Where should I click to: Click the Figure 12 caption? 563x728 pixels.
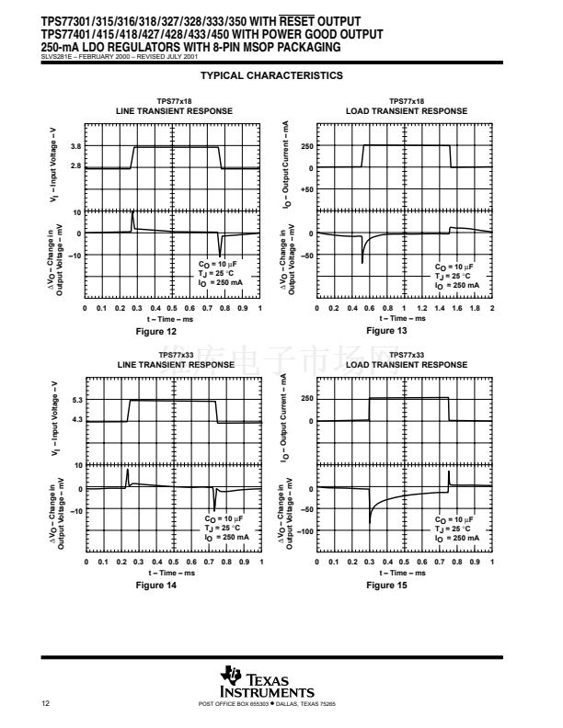[x=155, y=330]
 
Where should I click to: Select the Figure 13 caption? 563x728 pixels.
[x=386, y=330]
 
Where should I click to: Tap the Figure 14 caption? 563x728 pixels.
[x=155, y=585]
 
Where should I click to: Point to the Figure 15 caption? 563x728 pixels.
[x=386, y=585]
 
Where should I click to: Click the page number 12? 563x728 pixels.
[x=45, y=704]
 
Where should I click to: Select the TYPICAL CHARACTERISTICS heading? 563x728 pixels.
[x=271, y=75]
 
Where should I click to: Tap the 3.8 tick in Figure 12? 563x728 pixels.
[x=76, y=146]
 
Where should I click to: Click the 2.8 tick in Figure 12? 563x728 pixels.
[x=76, y=166]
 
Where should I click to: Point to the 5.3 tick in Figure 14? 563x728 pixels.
[x=76, y=401]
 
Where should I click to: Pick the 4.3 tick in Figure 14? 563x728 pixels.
[x=76, y=420]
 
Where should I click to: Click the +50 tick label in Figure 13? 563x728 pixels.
[x=306, y=188]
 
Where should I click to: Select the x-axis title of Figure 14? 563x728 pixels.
[x=173, y=573]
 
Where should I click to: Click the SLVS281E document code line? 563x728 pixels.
[x=100, y=56]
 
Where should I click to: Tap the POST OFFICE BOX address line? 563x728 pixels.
[x=267, y=704]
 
